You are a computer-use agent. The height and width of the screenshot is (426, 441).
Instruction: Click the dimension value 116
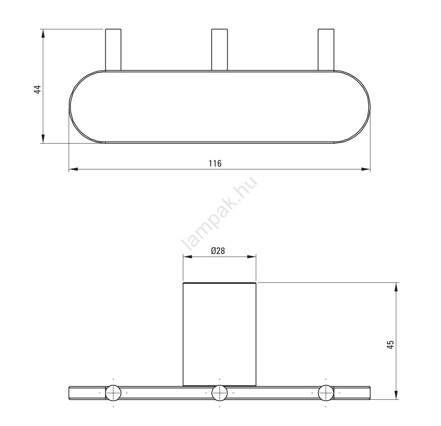(x=215, y=163)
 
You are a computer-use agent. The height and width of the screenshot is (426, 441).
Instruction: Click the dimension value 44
(x=38, y=90)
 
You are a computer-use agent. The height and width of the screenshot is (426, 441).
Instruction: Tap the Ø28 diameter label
(x=218, y=251)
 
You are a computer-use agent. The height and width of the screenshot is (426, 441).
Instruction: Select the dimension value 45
(x=390, y=345)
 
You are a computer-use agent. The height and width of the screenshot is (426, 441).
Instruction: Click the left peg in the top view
(x=113, y=49)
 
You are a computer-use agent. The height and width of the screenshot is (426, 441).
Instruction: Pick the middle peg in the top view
(x=220, y=49)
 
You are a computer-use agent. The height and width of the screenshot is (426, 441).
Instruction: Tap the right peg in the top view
(x=326, y=49)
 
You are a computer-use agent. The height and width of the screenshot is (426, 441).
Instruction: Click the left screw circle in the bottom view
(x=113, y=392)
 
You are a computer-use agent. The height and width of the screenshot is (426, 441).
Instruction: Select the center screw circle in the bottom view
(x=220, y=392)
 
